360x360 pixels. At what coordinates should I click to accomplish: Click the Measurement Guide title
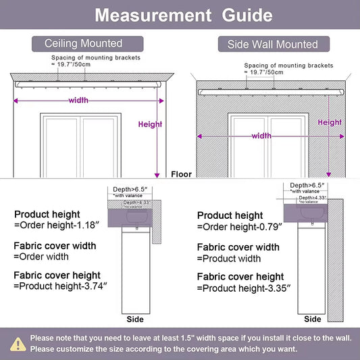tap(180, 15)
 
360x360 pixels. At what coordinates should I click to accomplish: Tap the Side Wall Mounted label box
tap(274, 45)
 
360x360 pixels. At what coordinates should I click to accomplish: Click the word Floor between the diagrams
tap(181, 174)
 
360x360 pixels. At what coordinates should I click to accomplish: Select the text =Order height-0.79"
tap(239, 226)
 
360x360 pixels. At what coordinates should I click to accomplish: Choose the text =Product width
tap(229, 259)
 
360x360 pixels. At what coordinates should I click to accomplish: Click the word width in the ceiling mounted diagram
tap(78, 101)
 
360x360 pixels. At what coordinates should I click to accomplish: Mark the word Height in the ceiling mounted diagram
tap(150, 124)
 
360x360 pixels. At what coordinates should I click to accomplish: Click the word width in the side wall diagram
tap(261, 136)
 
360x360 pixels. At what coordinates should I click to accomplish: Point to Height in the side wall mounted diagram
tap(330, 122)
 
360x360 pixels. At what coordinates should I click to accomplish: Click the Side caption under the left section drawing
tap(135, 318)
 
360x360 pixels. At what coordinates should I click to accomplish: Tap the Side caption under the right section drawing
tap(313, 319)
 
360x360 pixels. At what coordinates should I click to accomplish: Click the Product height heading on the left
tap(47, 214)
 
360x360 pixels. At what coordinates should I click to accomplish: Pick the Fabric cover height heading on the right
tap(240, 277)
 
